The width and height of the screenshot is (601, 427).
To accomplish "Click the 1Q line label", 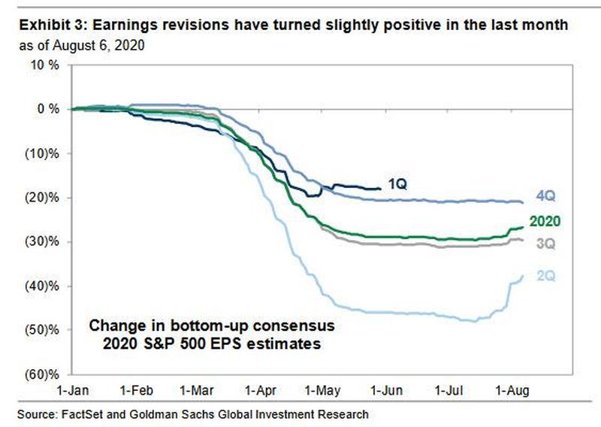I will coord(398,183).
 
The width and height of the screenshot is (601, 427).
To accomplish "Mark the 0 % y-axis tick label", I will coord(47,109).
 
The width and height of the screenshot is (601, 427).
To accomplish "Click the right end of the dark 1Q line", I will coord(381,189).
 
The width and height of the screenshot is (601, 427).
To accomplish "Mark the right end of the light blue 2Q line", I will coord(524,276).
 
